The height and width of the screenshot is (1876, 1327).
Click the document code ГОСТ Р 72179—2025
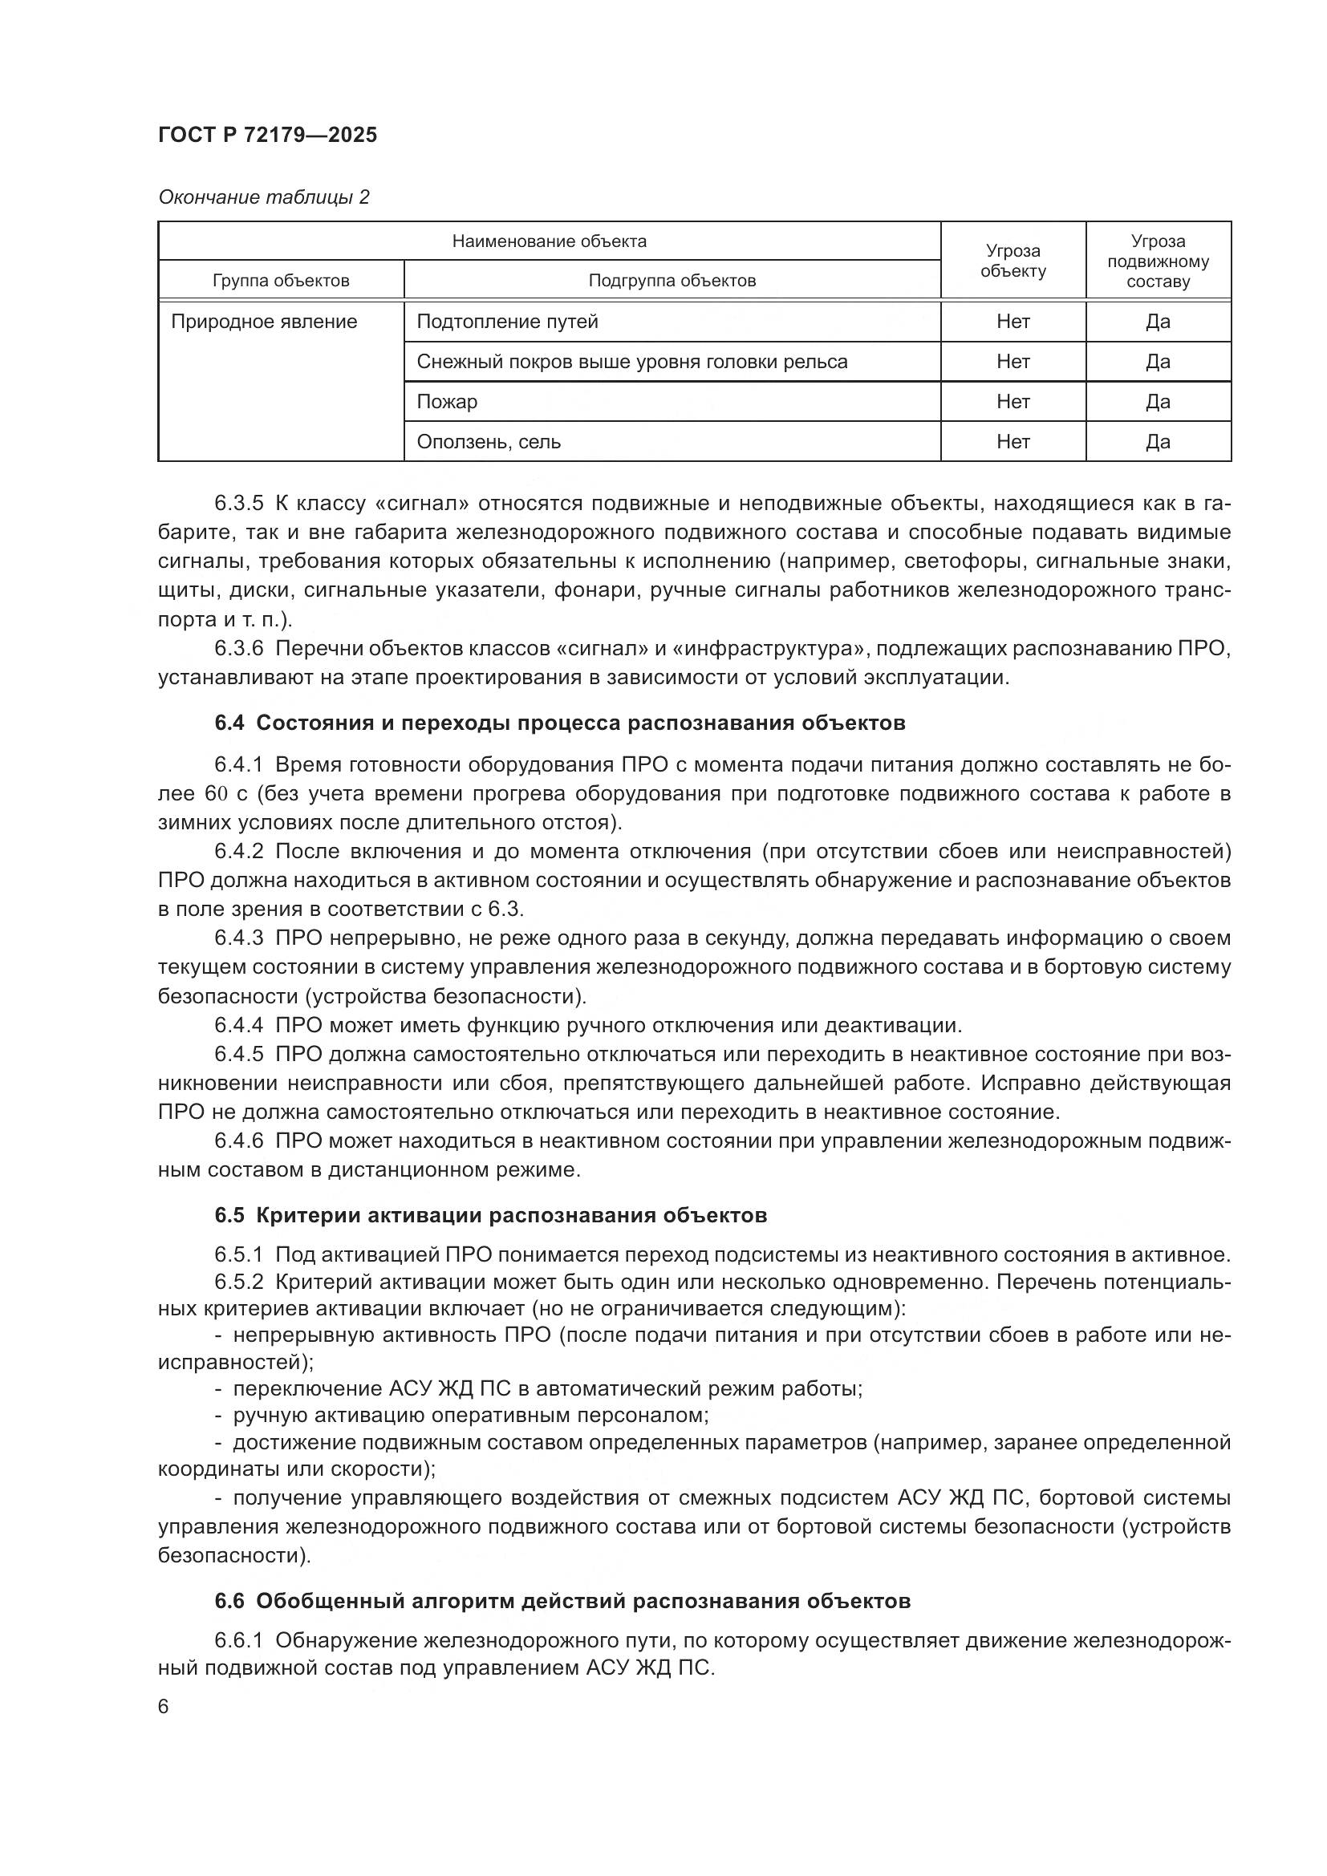tap(267, 135)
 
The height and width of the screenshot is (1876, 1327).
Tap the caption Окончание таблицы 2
tap(263, 197)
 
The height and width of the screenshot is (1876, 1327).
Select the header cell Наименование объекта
tap(549, 241)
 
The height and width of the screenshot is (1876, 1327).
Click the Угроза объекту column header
tap(1012, 261)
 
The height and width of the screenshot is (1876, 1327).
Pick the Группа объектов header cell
tap(280, 280)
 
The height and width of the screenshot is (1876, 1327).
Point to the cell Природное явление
tap(264, 321)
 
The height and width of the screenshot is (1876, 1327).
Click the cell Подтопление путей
tap(507, 321)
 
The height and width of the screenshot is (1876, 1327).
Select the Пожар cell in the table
tap(447, 401)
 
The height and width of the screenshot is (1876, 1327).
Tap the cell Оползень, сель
tap(489, 441)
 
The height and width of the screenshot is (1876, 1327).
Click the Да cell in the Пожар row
tap(1157, 401)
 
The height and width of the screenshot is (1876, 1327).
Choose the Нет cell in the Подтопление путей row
tap(1012, 321)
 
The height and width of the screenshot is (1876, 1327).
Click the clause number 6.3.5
tap(238, 504)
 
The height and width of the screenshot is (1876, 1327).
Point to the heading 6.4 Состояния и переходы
tap(560, 723)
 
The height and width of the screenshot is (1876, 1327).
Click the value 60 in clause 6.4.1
tap(216, 793)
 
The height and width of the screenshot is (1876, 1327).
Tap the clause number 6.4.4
tap(238, 1024)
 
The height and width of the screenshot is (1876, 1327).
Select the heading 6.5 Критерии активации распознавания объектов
tap(490, 1215)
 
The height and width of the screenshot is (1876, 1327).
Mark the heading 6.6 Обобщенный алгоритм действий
tap(562, 1601)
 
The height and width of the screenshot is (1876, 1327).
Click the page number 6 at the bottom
tap(164, 1707)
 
